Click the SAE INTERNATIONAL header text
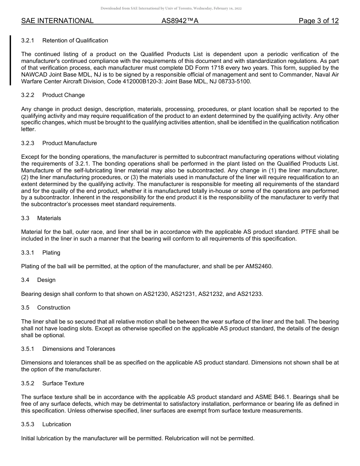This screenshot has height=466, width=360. pos(57,21)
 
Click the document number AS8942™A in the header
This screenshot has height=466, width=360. pos(180,21)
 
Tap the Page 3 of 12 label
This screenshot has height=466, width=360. pos(318,21)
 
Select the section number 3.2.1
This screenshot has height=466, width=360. pos(28,41)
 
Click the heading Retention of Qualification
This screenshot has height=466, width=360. pos(75,41)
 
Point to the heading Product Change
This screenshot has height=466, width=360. pos(63,95)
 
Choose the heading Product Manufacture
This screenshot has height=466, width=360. pos(69,143)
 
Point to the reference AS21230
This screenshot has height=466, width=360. pos(156,294)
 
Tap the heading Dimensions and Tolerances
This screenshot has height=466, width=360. pos(78,349)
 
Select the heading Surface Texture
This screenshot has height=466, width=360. pos(63,383)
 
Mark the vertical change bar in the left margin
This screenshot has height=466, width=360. pos(11,61)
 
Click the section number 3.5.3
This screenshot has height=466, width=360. pos(28,424)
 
